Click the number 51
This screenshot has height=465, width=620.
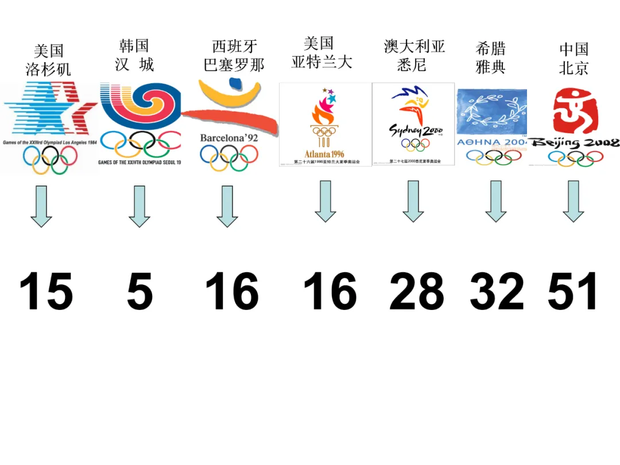573,292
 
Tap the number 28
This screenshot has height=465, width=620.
417,292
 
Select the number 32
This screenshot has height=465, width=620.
497,292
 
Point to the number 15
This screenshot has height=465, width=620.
46,292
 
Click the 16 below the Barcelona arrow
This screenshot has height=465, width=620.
232,292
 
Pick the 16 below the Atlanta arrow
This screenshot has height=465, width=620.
330,292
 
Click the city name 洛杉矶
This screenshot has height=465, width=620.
48,69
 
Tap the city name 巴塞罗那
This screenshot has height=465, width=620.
234,65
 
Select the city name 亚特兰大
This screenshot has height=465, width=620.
321,61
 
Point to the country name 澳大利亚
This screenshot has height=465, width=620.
414,46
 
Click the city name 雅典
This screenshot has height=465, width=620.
491,67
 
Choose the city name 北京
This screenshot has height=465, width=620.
574,68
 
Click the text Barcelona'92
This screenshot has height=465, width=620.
229,138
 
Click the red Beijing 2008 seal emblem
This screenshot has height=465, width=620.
575,111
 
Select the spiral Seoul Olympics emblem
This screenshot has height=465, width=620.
140,106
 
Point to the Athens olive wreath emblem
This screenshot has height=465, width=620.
492,113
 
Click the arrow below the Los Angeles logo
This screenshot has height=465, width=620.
41,206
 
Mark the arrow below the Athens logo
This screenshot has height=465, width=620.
496,201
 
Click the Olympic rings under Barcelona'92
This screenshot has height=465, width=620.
229,157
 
